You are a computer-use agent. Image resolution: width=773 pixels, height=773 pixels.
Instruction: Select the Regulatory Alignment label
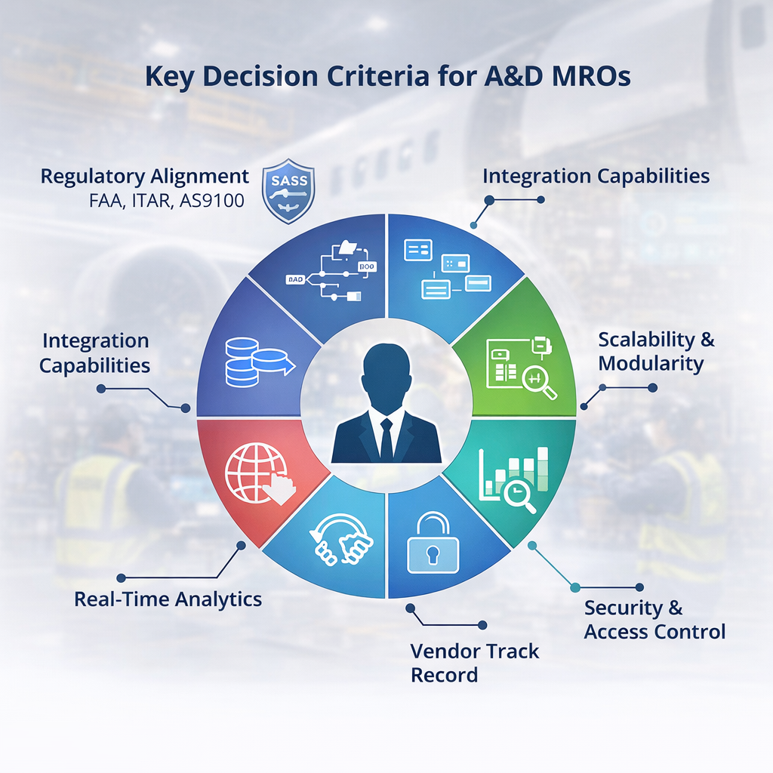coord(144,177)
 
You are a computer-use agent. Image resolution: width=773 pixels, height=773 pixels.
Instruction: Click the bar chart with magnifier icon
coord(513,479)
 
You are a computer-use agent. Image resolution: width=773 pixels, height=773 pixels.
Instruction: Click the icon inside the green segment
coord(521,366)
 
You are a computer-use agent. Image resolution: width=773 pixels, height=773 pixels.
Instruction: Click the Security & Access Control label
coord(654,619)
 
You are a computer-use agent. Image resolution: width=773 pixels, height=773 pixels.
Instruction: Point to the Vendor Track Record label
coord(474,662)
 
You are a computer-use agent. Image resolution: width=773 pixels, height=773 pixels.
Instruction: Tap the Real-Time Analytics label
coord(168,599)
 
